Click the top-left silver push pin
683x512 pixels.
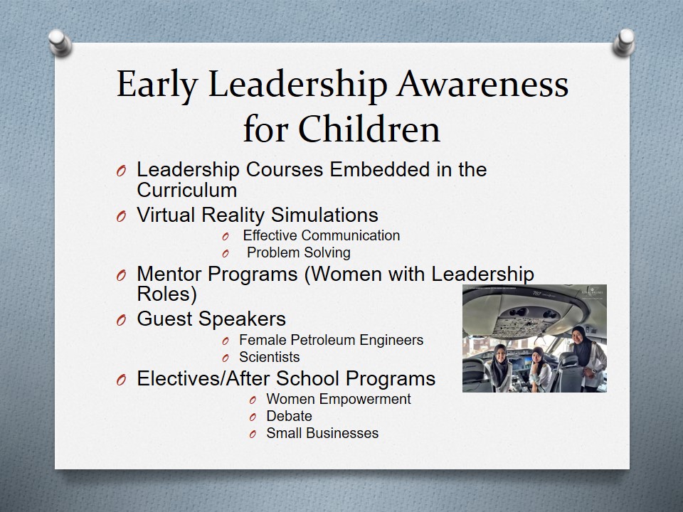[x=60, y=42]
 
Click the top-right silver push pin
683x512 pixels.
[x=624, y=42]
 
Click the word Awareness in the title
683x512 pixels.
[x=482, y=84]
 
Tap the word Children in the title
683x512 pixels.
[x=369, y=129]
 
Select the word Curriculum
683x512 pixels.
[x=187, y=191]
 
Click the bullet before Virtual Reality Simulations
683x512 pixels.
[x=121, y=216]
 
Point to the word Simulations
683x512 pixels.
[x=324, y=215]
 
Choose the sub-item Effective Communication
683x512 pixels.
[x=322, y=235]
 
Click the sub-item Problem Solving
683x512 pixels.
[x=299, y=252]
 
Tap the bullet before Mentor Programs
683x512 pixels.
[x=121, y=275]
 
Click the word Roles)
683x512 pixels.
[x=166, y=294]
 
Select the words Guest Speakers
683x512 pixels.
[x=211, y=319]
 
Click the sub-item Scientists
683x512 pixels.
[x=270, y=357]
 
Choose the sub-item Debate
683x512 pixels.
[x=290, y=416]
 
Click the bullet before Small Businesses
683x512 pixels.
[x=253, y=434]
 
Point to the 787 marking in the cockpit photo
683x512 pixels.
[x=538, y=294]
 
